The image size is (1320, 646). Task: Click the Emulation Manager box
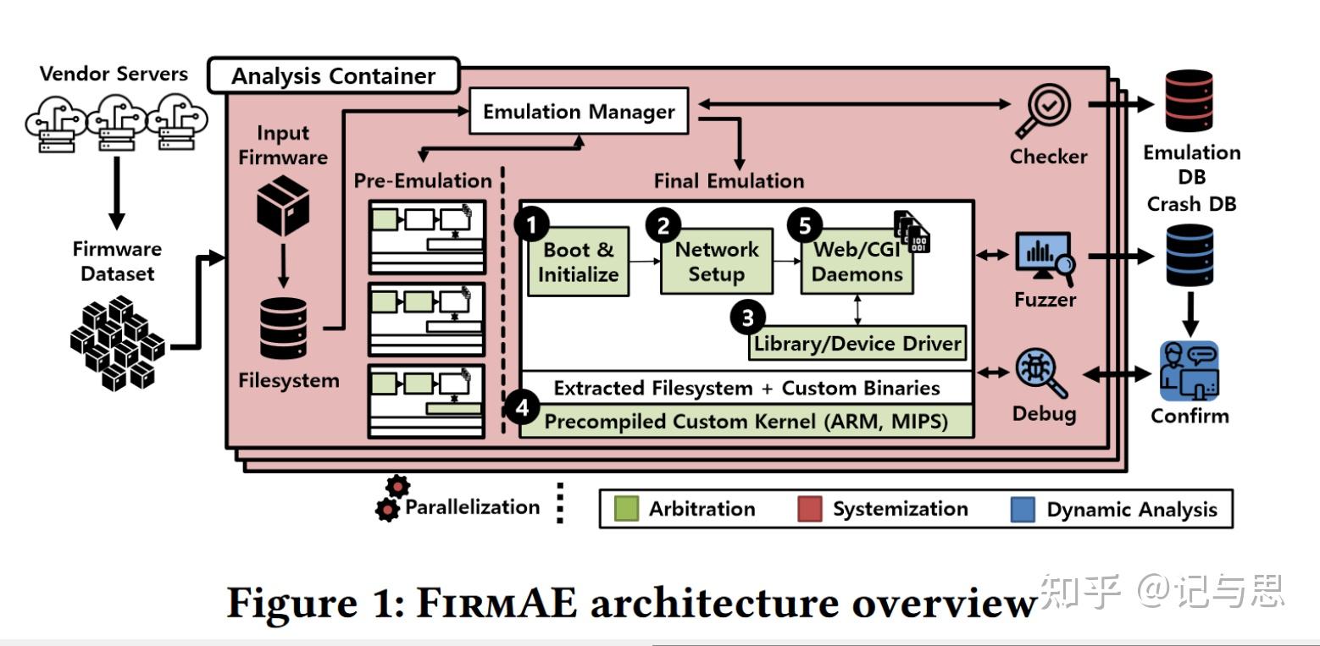(579, 113)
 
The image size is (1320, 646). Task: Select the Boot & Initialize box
(578, 262)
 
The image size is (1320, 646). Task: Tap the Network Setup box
(716, 262)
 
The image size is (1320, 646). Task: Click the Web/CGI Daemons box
(857, 262)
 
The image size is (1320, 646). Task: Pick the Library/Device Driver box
(857, 344)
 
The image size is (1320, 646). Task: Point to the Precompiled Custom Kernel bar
(746, 421)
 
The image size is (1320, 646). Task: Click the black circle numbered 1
(532, 224)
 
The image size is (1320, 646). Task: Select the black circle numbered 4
(522, 407)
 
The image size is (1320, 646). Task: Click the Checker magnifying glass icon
(1047, 112)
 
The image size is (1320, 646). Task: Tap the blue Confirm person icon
(1189, 372)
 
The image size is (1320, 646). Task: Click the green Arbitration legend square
(625, 509)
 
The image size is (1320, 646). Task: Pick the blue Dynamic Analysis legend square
(1023, 510)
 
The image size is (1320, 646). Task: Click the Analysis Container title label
(333, 76)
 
